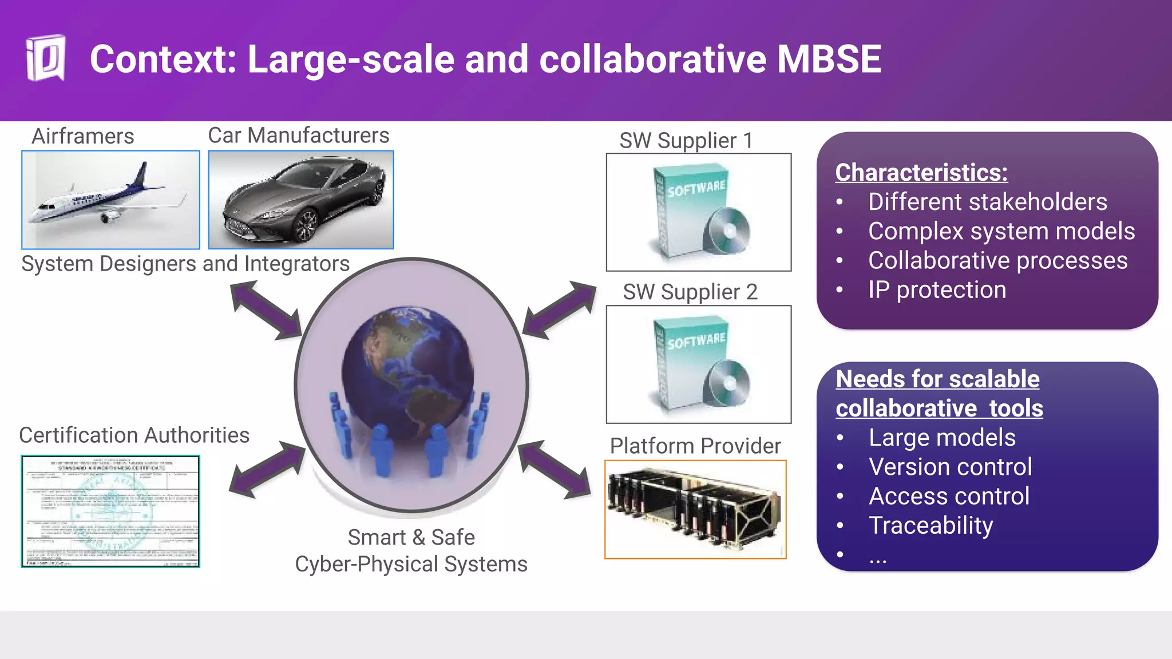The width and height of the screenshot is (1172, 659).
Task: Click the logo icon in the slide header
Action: coord(46,58)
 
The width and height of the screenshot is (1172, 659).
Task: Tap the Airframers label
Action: coord(83,136)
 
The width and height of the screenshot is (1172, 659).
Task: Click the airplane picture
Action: coord(110,200)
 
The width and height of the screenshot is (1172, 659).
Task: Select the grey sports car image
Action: coord(301,200)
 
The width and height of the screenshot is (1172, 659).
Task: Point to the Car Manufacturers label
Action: coord(298,136)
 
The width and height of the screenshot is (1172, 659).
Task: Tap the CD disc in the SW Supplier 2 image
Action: coord(727,383)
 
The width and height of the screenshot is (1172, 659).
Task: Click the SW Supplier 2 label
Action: coord(690,292)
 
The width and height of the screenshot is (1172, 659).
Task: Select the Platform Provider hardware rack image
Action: coord(695,509)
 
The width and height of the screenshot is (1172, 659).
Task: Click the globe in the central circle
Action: coord(407,372)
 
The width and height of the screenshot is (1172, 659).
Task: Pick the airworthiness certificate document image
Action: coord(110,511)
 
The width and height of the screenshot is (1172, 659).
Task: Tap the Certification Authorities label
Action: coord(134,435)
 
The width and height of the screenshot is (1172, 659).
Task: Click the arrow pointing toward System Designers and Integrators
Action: coord(265,309)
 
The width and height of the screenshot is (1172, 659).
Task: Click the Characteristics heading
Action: coord(921,172)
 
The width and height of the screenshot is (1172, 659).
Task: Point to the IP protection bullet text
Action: coord(937,289)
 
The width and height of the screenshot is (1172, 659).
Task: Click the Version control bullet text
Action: coord(950,467)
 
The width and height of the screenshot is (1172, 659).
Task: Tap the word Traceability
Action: coord(931,525)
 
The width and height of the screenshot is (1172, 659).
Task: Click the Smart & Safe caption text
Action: coord(411,538)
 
